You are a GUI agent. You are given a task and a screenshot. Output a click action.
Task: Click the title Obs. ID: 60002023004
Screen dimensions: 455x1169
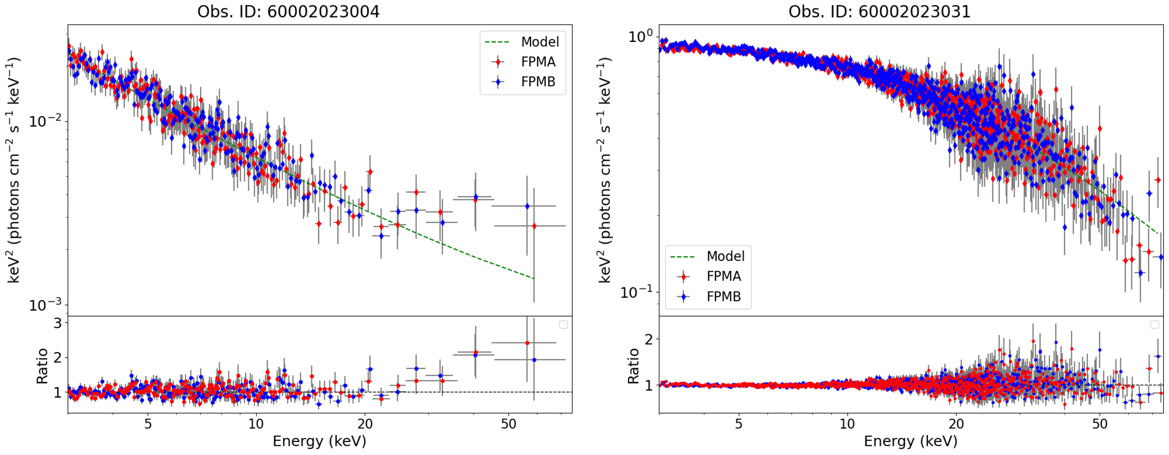[288, 11]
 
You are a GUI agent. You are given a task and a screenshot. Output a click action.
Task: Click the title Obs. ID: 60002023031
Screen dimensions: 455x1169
[879, 11]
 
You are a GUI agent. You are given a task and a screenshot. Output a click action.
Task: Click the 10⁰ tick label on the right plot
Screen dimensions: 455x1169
[640, 36]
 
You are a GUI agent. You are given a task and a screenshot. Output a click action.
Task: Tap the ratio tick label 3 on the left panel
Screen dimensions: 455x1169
[58, 323]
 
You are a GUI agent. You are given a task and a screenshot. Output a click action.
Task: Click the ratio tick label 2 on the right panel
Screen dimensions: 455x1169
[649, 339]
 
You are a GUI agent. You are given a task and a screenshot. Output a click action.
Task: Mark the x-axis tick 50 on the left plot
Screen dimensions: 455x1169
[508, 424]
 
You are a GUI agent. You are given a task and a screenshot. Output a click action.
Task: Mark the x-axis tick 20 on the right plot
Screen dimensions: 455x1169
[956, 424]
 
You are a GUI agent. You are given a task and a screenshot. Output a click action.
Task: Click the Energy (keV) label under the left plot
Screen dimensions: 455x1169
[320, 441]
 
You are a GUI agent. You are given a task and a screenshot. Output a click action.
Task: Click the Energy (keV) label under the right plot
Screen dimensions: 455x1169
[910, 441]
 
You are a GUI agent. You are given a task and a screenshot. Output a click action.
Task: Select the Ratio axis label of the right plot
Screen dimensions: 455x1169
[633, 366]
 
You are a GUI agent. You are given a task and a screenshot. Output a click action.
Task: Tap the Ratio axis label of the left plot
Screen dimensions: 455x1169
[42, 366]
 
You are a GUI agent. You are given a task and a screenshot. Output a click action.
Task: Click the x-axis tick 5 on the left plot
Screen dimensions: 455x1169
[148, 424]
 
